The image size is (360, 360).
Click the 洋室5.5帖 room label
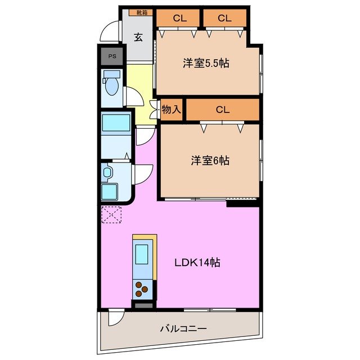[x=205, y=63]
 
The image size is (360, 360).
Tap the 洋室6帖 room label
[x=209, y=161]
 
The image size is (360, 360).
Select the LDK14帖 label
[x=196, y=263]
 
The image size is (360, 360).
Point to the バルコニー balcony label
[x=183, y=328]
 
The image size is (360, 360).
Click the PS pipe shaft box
[x=112, y=56]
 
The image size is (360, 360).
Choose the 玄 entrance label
[x=138, y=38]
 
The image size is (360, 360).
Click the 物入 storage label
[x=171, y=110]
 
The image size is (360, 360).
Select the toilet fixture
[x=112, y=85]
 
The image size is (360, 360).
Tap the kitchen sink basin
[x=142, y=255]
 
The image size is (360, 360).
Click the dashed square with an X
[x=111, y=214]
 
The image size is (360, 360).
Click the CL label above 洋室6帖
[x=223, y=110]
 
